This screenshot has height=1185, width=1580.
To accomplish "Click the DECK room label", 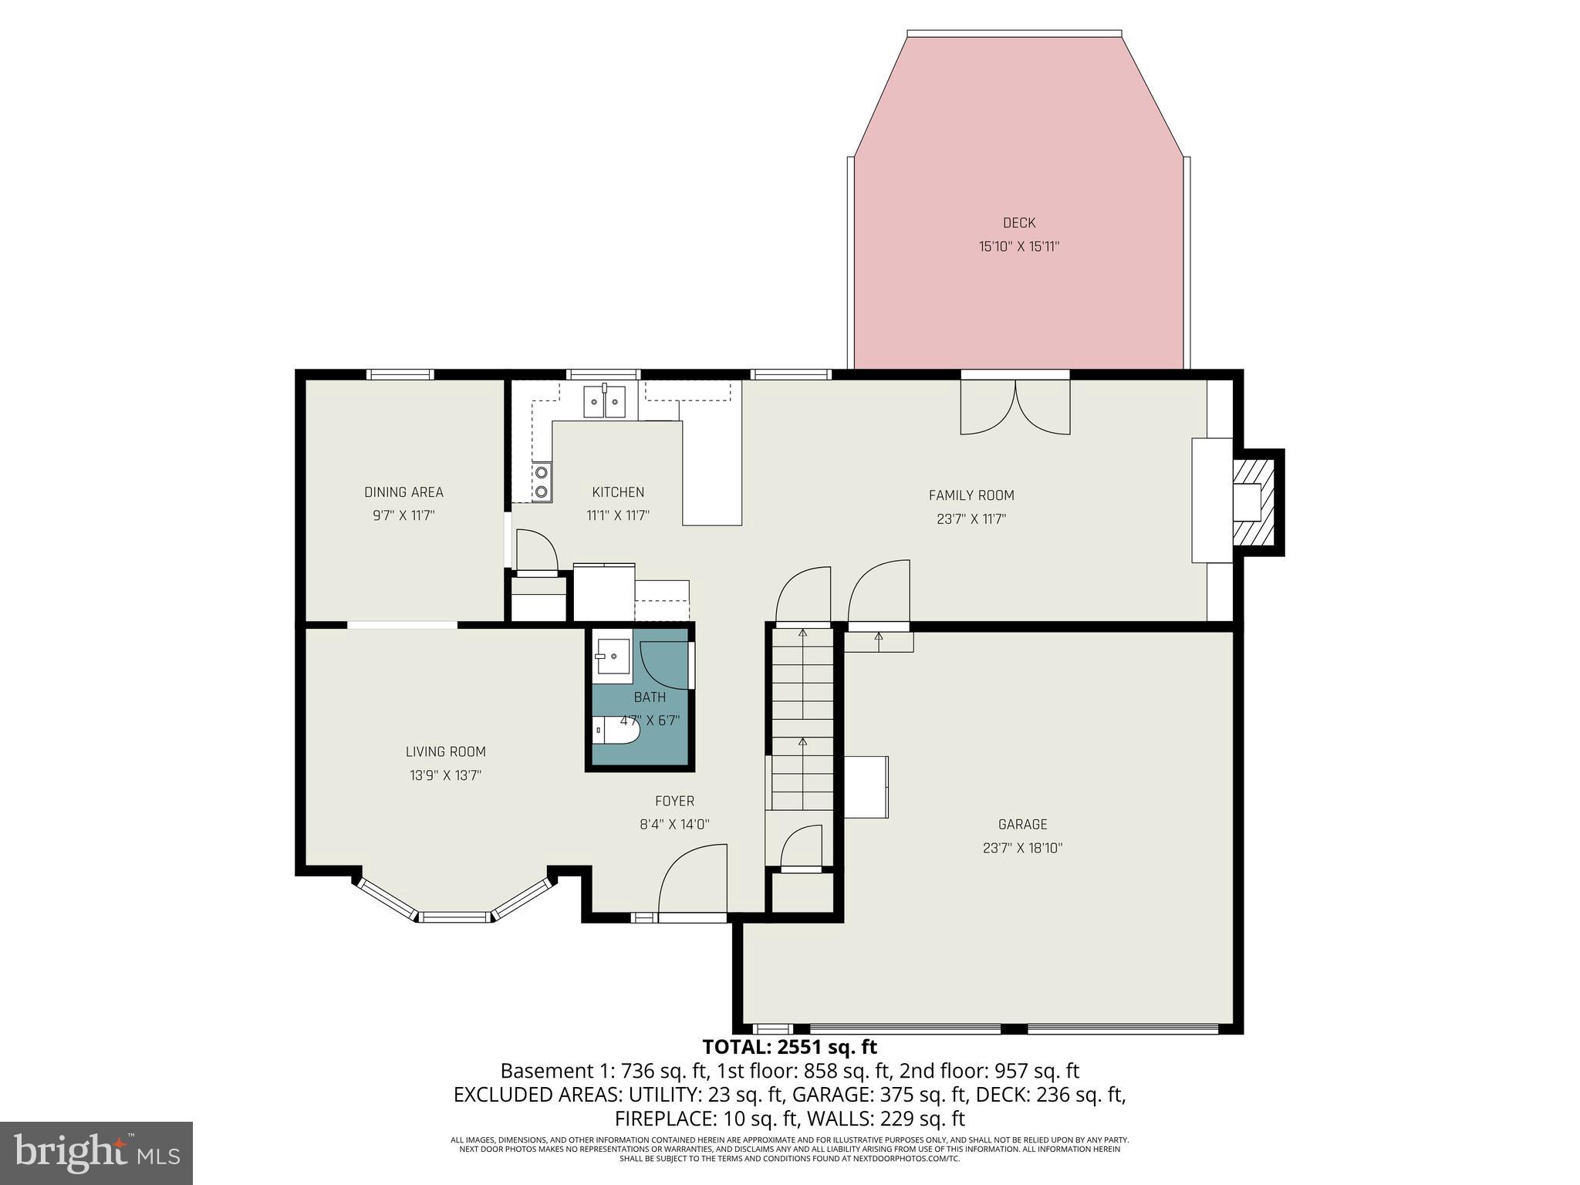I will pyautogui.click(x=1018, y=223).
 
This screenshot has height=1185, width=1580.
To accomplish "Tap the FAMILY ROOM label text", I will pyautogui.click(x=971, y=495).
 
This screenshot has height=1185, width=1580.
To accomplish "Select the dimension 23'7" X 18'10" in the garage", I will pyautogui.click(x=1022, y=848).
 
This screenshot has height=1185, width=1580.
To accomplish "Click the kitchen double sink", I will pyautogui.click(x=604, y=400).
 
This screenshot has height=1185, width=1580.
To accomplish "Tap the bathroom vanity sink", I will pyautogui.click(x=612, y=657).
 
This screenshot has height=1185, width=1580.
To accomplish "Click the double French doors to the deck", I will pyautogui.click(x=1015, y=407).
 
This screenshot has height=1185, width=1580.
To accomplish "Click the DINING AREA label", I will pyautogui.click(x=403, y=492).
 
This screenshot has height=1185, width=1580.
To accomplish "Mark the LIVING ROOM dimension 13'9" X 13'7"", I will pyautogui.click(x=445, y=775).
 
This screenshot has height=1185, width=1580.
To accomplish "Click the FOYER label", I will pyautogui.click(x=674, y=801).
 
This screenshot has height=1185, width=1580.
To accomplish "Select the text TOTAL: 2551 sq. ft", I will pyautogui.click(x=789, y=1047).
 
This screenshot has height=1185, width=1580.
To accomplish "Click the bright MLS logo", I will pyautogui.click(x=96, y=1153).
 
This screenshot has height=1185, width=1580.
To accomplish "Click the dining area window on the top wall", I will pyautogui.click(x=400, y=375).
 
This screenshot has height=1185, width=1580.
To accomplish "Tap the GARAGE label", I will pyautogui.click(x=1022, y=824).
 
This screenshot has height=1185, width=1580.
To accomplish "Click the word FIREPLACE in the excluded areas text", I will pyautogui.click(x=664, y=1119).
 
